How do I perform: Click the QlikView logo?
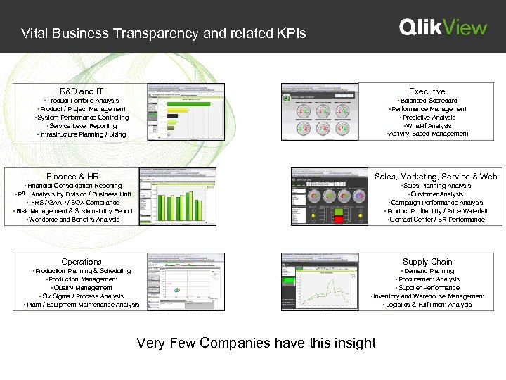click(x=443, y=27)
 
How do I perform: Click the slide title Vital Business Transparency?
click(x=163, y=32)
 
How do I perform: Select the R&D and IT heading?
click(x=82, y=91)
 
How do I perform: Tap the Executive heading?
click(x=427, y=91)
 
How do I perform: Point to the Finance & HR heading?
click(x=72, y=177)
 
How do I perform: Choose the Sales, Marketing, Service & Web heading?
click(x=436, y=177)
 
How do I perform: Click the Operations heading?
click(x=82, y=262)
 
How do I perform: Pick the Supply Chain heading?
click(x=427, y=262)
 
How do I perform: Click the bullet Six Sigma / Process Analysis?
click(x=82, y=296)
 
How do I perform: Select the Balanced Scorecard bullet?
click(x=427, y=101)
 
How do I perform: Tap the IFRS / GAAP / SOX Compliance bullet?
click(x=73, y=203)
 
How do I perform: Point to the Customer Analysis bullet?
click(x=436, y=194)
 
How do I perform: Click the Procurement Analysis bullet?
click(x=427, y=279)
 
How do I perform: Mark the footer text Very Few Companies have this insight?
click(x=256, y=343)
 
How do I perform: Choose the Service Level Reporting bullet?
click(x=82, y=126)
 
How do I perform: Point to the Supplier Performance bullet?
click(x=427, y=288)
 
